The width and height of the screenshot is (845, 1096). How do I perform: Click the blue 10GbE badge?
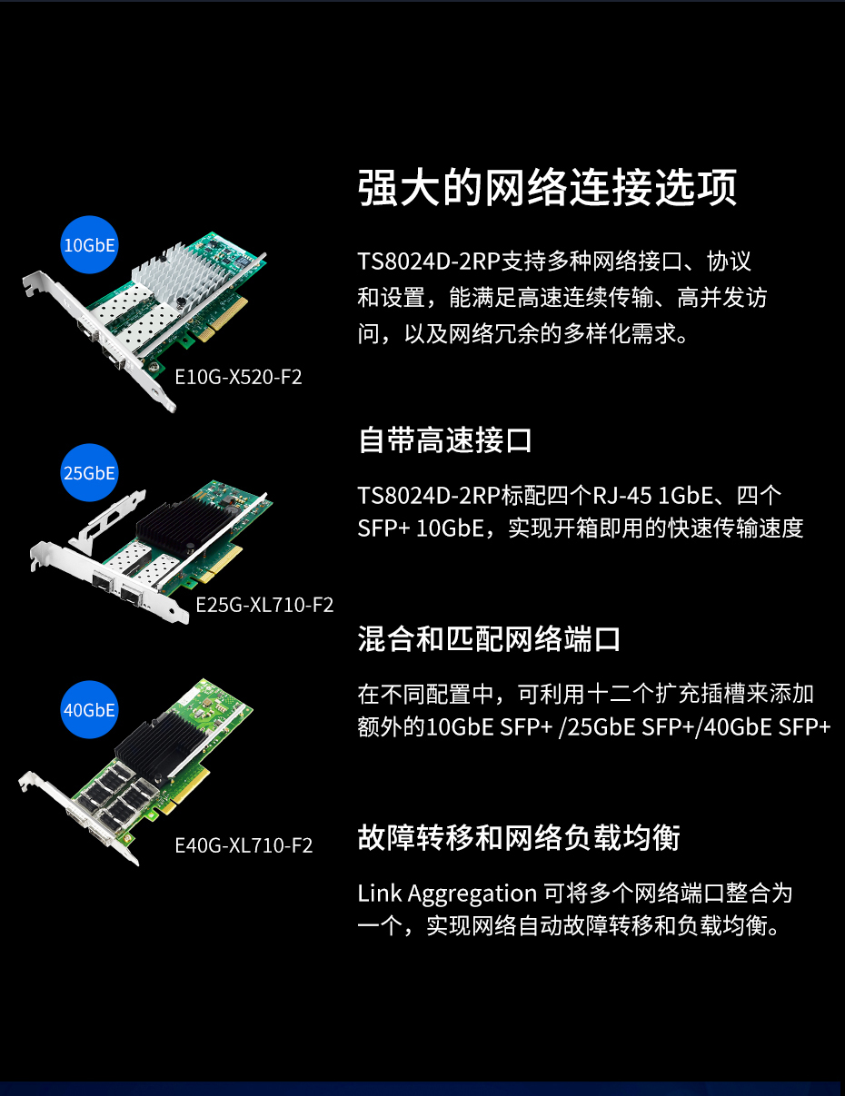pos(89,244)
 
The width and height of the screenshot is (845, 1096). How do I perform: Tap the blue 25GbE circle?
pos(89,472)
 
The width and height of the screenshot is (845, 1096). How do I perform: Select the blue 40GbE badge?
pos(89,710)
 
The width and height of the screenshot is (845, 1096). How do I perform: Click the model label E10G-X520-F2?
pos(238,377)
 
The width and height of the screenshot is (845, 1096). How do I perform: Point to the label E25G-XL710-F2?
pos(264,605)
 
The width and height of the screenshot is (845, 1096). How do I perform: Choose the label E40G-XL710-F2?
pos(244,845)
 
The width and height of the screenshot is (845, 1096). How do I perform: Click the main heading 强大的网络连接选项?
pos(547,188)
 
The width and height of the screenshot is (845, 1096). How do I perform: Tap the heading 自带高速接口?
pos(444,439)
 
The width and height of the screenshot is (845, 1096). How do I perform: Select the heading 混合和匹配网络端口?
pos(489,639)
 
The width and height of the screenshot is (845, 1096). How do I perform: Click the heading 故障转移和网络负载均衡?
pos(519,838)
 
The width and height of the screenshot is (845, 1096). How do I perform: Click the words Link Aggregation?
pos(447,894)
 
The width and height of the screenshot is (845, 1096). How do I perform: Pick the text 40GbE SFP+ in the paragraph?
pos(767,727)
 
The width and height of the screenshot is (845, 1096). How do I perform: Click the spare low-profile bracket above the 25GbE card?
pos(107,522)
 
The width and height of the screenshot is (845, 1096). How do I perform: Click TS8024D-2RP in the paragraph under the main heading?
pos(429,262)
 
